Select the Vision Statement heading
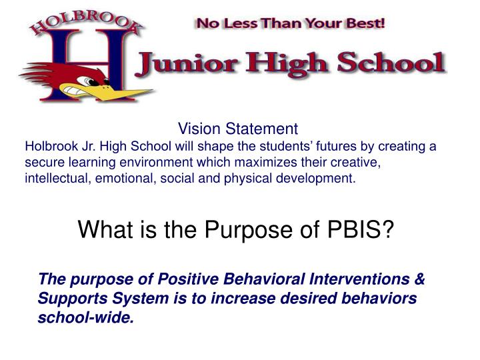point(237,129)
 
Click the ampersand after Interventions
point(419,279)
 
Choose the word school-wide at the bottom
point(85,318)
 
